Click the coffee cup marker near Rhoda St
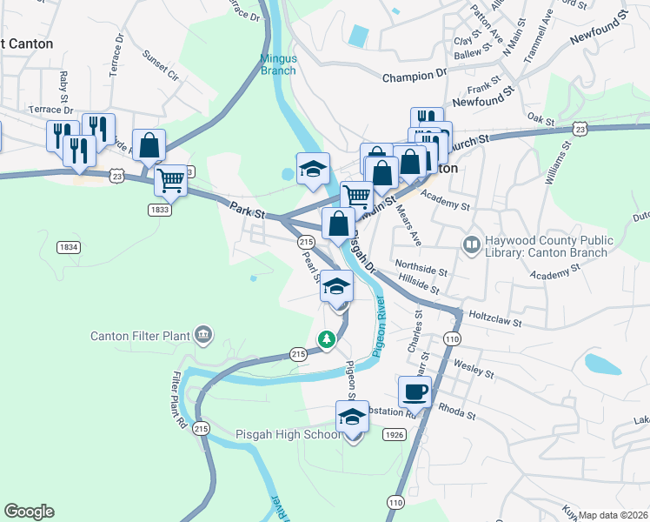[x=415, y=391]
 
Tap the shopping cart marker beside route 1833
[x=170, y=181]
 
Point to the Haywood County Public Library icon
[x=472, y=246]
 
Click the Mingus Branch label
[x=279, y=64]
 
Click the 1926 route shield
[x=395, y=434]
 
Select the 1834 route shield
[x=69, y=247]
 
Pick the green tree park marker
[x=327, y=339]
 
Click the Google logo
[x=29, y=512]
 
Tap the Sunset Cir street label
[x=161, y=70]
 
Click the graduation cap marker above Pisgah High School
[x=352, y=417]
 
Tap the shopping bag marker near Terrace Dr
[x=149, y=146]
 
